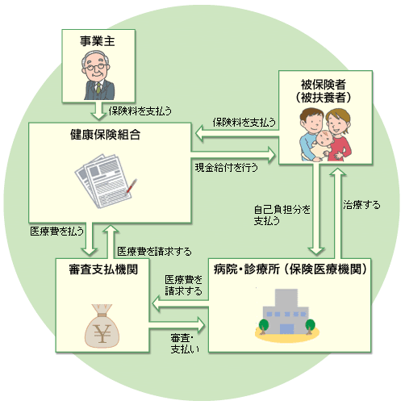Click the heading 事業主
[98, 41]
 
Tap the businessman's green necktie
[98, 88]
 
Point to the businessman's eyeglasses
[95, 67]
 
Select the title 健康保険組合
[105, 135]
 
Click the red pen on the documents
[132, 186]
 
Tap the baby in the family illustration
[324, 145]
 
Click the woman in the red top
[339, 135]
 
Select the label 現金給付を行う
[227, 168]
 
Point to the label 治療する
[361, 205]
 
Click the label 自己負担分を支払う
[282, 215]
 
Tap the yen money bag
[102, 326]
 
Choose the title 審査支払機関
[103, 269]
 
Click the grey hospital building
[286, 311]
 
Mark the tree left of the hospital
[264, 326]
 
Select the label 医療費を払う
[57, 231]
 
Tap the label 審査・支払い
[185, 344]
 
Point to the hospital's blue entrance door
[287, 329]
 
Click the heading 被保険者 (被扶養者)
[324, 91]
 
